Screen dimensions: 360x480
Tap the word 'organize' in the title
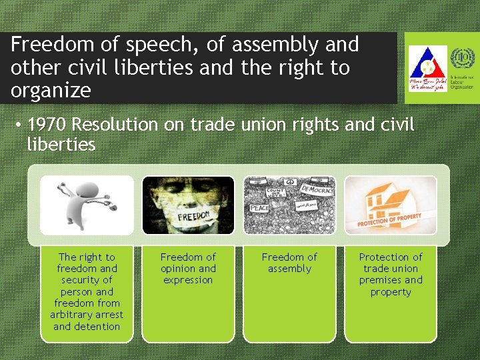pos(51,91)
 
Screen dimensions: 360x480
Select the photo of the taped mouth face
pos(188,205)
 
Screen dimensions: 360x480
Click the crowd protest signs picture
pos(289,205)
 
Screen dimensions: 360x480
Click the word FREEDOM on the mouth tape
pos(193,217)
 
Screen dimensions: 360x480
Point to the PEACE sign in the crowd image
pos(259,208)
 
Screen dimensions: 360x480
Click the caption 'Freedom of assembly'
pos(289,263)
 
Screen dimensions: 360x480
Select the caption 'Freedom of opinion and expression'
pos(188,268)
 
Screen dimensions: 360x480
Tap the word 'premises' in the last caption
pos(381,280)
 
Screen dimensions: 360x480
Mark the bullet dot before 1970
pos(21,125)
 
